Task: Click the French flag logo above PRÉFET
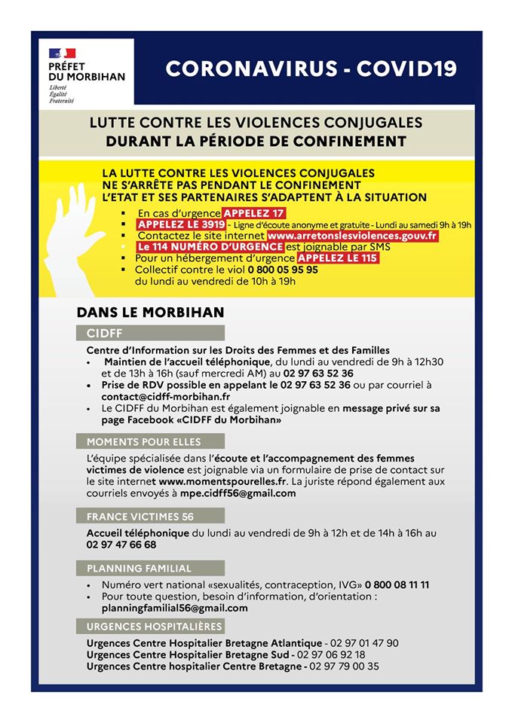pyautogui.click(x=63, y=53)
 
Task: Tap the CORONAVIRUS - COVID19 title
pyautogui.click(x=311, y=69)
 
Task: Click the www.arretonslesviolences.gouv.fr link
pyautogui.click(x=352, y=236)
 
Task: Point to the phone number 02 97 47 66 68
pyautogui.click(x=121, y=545)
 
